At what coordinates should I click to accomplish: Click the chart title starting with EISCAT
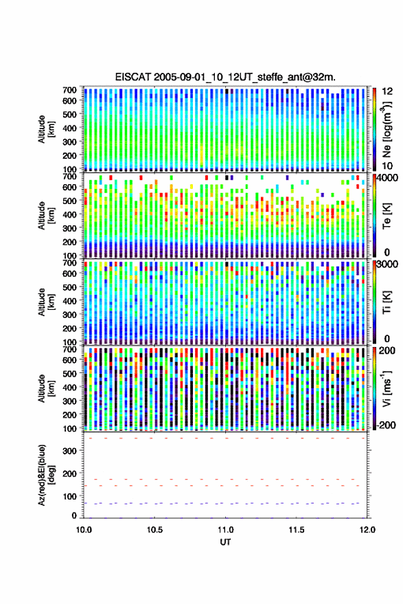[x=225, y=77]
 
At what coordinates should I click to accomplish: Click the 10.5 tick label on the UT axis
[x=154, y=530]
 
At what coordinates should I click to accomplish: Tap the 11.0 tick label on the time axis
[x=226, y=530]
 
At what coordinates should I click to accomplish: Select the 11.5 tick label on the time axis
[x=297, y=530]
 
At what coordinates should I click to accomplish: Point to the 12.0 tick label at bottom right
[x=367, y=530]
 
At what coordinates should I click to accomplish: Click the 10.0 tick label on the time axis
[x=84, y=530]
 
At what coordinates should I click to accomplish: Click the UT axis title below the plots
[x=225, y=542]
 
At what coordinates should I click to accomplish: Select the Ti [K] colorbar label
[x=387, y=302]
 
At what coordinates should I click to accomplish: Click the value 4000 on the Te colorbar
[x=387, y=178]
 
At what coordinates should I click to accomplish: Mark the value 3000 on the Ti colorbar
[x=387, y=265]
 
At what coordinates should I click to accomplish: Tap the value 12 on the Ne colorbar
[x=387, y=91]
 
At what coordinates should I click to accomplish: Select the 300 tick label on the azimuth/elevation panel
[x=69, y=451]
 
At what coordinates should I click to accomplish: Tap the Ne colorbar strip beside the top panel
[x=374, y=129]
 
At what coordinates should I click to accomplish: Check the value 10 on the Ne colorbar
[x=387, y=166]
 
